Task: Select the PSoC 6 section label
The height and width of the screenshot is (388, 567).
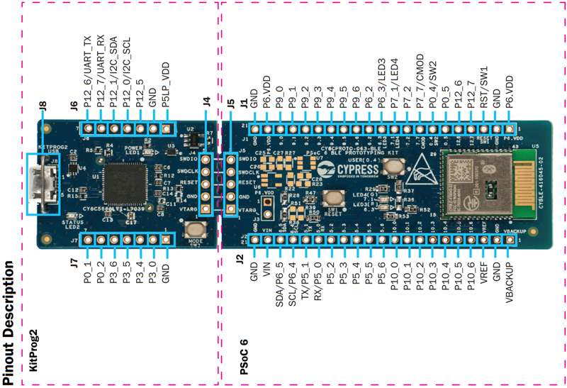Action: [244, 359]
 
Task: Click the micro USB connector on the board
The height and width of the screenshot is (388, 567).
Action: [43, 184]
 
